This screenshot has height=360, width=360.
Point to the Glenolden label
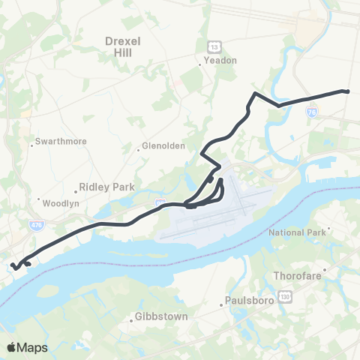coord(162,146)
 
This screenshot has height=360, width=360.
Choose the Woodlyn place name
coord(57,203)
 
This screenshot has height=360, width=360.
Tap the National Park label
coord(301,232)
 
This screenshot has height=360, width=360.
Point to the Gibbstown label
coord(161,316)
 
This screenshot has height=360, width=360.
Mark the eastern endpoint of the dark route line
coord(348,91)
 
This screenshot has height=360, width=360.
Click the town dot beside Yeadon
coord(199,64)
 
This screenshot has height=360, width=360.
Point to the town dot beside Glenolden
coord(138,148)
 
